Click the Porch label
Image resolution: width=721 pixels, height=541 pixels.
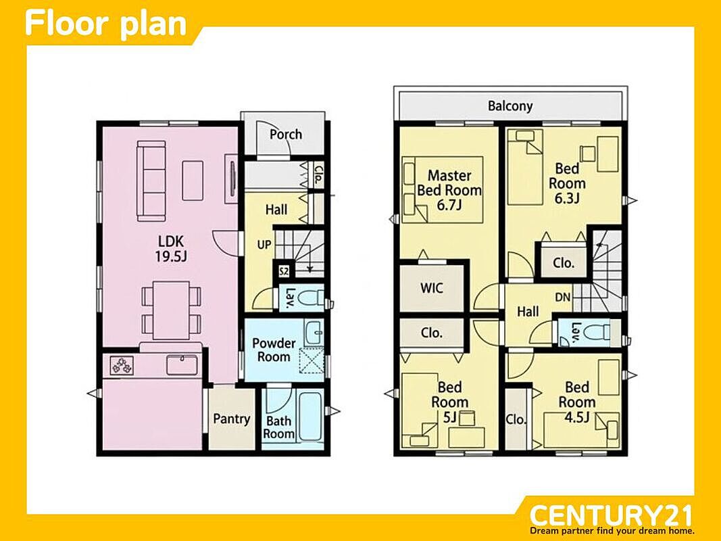pyautogui.click(x=286, y=135)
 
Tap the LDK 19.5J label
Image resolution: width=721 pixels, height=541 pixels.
pyautogui.click(x=170, y=249)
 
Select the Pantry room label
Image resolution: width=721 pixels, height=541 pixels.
pyautogui.click(x=231, y=419)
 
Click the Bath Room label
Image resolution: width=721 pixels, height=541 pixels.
pyautogui.click(x=279, y=427)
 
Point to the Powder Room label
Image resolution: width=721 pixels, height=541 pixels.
pyautogui.click(x=274, y=350)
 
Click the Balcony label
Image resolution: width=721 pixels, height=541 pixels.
pyautogui.click(x=510, y=106)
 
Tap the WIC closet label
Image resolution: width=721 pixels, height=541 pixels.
pyautogui.click(x=432, y=289)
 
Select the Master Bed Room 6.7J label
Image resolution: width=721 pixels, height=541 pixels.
pyautogui.click(x=449, y=189)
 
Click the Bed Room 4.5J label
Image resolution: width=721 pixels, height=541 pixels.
pyautogui.click(x=577, y=402)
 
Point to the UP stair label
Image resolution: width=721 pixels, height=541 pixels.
pyautogui.click(x=264, y=245)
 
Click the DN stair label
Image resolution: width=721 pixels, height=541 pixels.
pyautogui.click(x=563, y=298)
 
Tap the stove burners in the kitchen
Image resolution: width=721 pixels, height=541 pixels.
pyautogui.click(x=122, y=366)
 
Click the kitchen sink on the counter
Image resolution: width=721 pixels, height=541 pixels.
pyautogui.click(x=182, y=364)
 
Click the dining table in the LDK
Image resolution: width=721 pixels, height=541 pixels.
pyautogui.click(x=172, y=310)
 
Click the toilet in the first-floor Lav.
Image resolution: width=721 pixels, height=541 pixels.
pyautogui.click(x=310, y=298)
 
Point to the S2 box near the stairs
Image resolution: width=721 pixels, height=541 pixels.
pyautogui.click(x=284, y=271)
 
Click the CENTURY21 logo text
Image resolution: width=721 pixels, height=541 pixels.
pyautogui.click(x=611, y=516)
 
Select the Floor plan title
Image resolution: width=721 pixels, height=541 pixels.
pyautogui.click(x=106, y=24)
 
